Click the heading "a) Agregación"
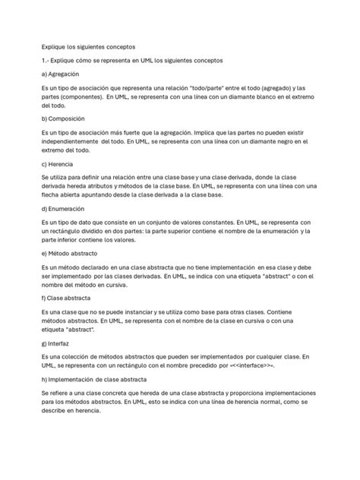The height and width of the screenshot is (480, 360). (x=65, y=74)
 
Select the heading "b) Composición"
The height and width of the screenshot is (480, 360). (x=66, y=118)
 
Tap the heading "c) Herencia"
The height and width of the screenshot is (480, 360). (x=62, y=163)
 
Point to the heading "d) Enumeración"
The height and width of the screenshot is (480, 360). (x=66, y=207)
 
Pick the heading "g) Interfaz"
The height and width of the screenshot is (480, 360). (x=58, y=343)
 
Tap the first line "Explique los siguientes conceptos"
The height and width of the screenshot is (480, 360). (x=87, y=47)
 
